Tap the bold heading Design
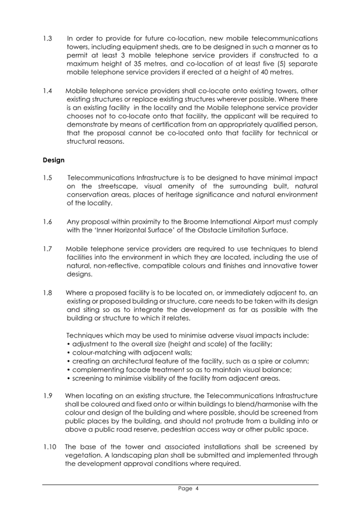(x=54, y=160)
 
